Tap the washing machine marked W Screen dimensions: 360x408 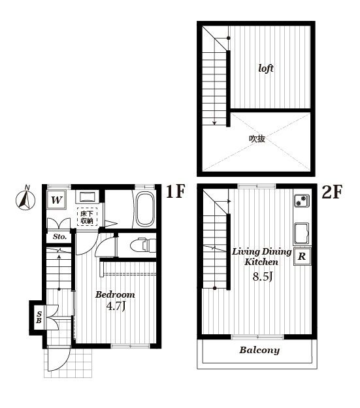[x=57, y=200]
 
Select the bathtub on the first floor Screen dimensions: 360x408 [x=145, y=210]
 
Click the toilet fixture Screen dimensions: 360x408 [x=142, y=245]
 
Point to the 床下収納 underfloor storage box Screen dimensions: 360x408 [x=87, y=217]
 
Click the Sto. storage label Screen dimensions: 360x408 [x=59, y=236]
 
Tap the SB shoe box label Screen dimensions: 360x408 [x=39, y=317]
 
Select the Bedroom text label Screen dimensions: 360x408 [x=115, y=294]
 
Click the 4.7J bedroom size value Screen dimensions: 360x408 [x=116, y=306]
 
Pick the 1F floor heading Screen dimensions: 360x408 [x=175, y=191]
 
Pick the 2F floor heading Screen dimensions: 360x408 [x=332, y=192]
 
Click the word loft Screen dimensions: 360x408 [x=266, y=68]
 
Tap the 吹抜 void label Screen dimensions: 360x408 [x=257, y=138]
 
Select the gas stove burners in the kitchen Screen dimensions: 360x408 [x=302, y=200]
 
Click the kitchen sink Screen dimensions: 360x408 [x=301, y=233]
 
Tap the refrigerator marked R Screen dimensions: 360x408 [x=302, y=257]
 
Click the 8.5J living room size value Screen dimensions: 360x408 [x=263, y=276]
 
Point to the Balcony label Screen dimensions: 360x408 [x=259, y=350]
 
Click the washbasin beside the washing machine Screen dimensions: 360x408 [x=87, y=197]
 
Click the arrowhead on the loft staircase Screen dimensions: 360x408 [x=214, y=123]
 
